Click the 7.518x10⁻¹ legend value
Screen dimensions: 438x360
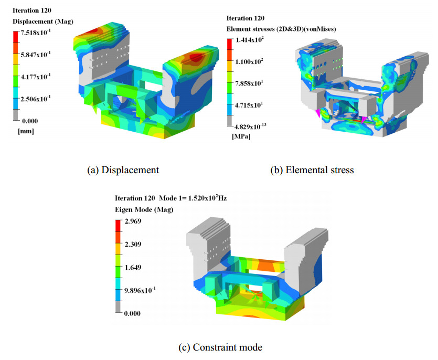pos(36,32)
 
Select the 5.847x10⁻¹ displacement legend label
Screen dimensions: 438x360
pos(36,54)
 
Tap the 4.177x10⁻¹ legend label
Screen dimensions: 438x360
pos(36,76)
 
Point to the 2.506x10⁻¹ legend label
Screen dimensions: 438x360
pos(36,99)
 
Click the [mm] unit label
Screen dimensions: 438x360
pos(26,131)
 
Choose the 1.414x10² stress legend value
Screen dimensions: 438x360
pos(250,40)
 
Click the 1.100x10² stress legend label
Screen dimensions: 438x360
pos(249,61)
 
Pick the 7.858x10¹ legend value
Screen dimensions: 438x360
pos(249,83)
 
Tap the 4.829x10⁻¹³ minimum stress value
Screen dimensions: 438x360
pos(250,126)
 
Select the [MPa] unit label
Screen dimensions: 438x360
pos(241,136)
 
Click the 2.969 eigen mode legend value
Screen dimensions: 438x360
pos(133,221)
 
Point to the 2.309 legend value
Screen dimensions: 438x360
pos(133,245)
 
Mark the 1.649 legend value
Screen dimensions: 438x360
pos(133,268)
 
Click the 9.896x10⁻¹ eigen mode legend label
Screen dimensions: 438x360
pos(140,290)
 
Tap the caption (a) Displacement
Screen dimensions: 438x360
pos(123,170)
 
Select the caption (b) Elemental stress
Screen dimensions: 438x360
pos(312,170)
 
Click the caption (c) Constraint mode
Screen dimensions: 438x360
pos(220,347)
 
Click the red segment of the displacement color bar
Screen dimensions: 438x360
pos(16,37)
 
